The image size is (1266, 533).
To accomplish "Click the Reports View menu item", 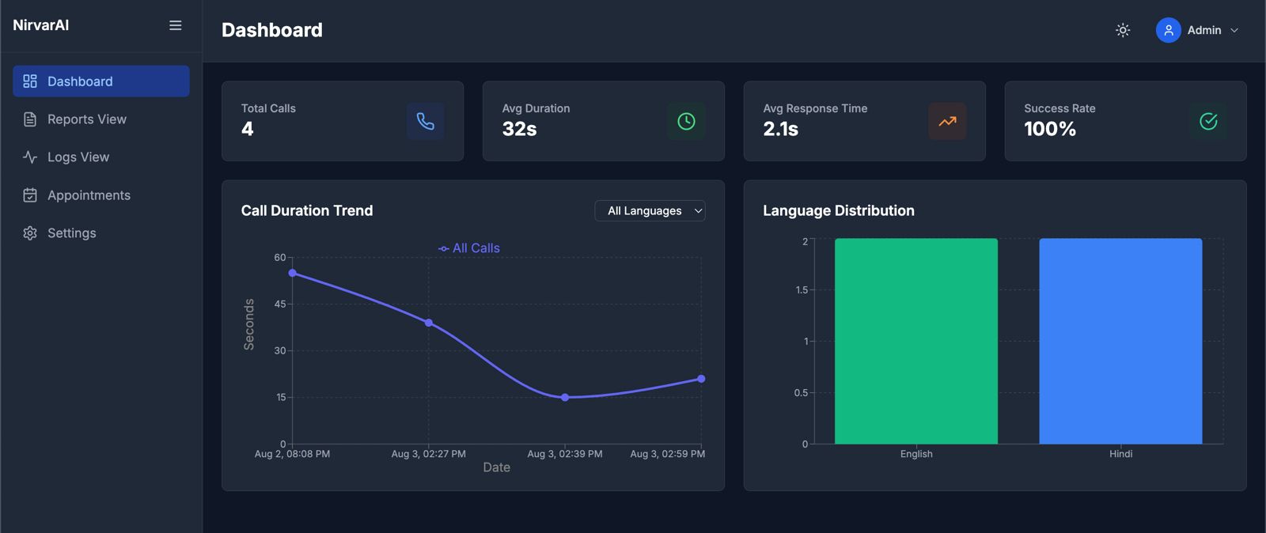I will point(86,119).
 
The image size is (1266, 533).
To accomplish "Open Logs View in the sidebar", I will point(78,157).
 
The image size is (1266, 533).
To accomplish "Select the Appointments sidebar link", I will point(88,195).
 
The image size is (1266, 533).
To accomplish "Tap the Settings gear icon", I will point(30,233).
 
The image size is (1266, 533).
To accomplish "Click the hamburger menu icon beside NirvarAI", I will point(176,25).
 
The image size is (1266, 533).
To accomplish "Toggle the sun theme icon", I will point(1123,30).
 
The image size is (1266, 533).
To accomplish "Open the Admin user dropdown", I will point(1197,30).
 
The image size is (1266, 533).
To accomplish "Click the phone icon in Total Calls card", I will point(426,121).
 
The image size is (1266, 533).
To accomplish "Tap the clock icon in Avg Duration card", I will point(686,121).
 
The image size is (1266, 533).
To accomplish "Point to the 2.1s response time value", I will point(780,129).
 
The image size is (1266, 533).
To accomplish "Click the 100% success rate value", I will point(1049,129).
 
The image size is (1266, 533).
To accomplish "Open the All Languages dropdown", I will point(650,210).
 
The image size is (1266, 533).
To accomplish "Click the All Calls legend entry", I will point(469,248).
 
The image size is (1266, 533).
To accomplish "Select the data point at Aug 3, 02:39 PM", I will point(565,398).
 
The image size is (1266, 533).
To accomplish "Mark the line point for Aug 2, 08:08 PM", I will point(293,273).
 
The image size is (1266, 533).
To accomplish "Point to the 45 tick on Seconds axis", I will point(280,304).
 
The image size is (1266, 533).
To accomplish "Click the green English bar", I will point(915,341).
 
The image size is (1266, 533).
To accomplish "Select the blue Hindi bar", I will point(1120,341).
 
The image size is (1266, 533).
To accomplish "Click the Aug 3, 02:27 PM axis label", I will point(428,454).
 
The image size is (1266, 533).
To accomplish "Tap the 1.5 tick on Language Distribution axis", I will point(802,290).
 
